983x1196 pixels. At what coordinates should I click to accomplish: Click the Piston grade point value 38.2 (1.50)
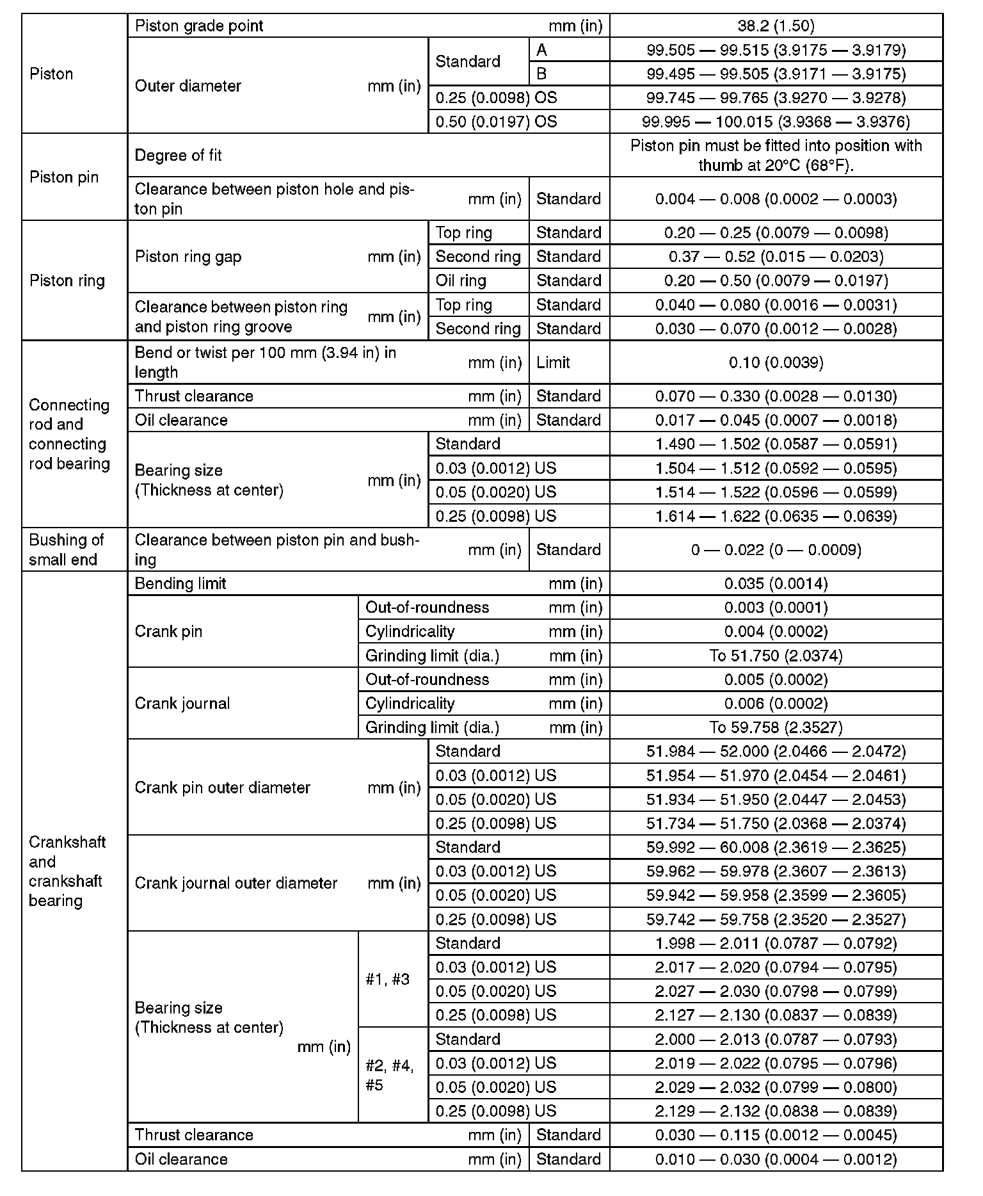(776, 26)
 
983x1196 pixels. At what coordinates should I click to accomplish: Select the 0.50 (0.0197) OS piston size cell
(496, 122)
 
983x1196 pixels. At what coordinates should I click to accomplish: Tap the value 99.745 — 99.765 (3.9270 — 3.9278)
(776, 98)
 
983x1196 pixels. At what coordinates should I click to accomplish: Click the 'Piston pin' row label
(64, 177)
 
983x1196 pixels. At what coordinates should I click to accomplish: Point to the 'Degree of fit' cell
(179, 156)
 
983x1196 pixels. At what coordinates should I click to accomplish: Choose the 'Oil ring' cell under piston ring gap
(461, 280)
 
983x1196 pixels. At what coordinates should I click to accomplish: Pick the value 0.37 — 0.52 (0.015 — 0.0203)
(776, 257)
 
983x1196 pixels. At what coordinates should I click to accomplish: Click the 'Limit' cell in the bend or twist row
(554, 362)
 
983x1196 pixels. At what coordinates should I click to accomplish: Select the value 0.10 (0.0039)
(776, 362)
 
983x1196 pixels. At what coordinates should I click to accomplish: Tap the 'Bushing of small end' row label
(66, 549)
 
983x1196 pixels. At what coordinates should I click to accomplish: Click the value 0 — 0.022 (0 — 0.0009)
(776, 549)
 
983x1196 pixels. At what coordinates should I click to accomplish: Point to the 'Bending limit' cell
(180, 583)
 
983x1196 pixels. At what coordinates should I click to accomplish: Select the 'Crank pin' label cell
(168, 631)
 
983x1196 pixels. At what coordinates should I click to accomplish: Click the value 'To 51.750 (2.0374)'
(776, 656)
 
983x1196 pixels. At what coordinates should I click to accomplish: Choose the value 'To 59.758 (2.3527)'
(776, 727)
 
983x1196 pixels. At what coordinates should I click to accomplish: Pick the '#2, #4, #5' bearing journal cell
(390, 1075)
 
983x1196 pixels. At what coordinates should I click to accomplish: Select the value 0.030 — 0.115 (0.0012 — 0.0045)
(776, 1135)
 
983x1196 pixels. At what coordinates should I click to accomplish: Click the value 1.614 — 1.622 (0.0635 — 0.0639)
(776, 516)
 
